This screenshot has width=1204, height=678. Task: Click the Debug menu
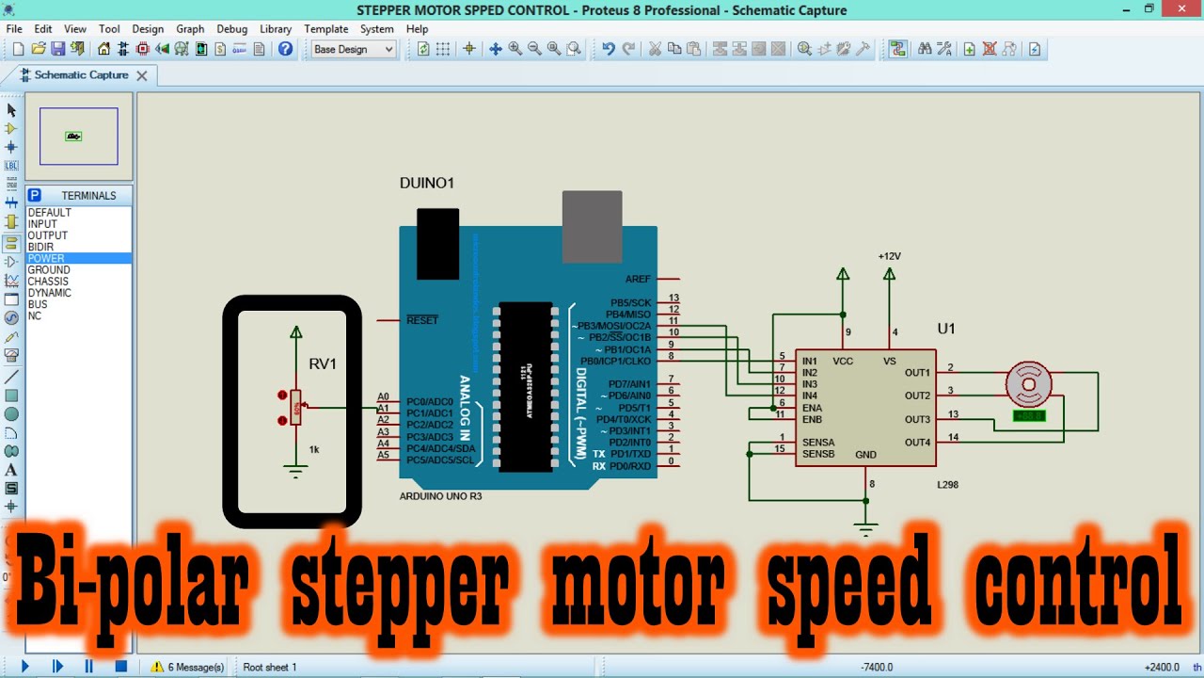(231, 29)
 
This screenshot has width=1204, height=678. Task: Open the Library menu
(276, 29)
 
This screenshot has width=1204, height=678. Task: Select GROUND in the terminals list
(49, 270)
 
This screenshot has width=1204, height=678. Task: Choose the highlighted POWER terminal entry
(46, 258)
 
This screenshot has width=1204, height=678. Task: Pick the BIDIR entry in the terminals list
(40, 247)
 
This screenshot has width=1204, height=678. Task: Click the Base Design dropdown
(354, 49)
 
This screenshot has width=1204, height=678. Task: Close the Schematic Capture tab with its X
(142, 75)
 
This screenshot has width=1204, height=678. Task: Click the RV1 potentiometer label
(322, 364)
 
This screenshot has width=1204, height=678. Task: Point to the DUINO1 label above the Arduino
(426, 183)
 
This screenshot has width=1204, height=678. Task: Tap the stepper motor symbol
(1027, 384)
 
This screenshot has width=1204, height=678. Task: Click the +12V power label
(889, 256)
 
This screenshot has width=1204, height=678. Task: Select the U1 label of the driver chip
(946, 329)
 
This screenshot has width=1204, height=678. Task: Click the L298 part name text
(947, 485)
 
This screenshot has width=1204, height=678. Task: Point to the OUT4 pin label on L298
(917, 443)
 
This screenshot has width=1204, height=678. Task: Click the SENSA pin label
(817, 443)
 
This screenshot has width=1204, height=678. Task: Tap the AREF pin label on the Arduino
(637, 280)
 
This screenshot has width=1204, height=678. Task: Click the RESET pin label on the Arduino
(422, 320)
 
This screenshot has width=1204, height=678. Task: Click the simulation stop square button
(120, 667)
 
